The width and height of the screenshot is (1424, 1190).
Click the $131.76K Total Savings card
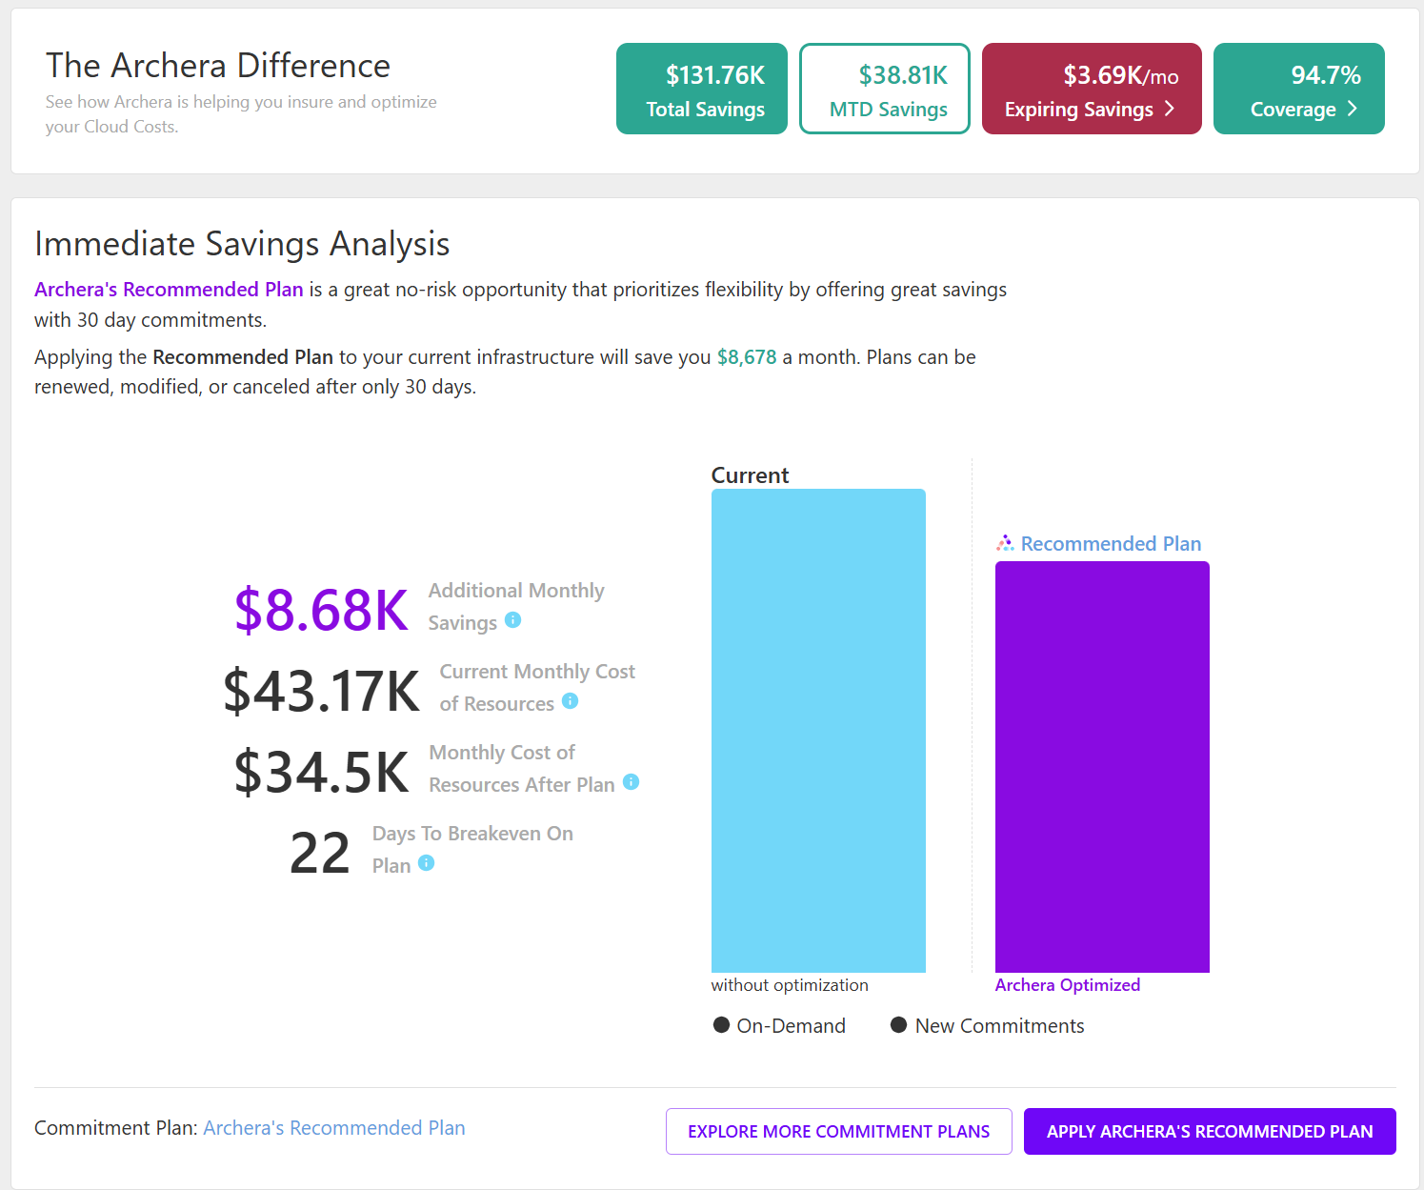pyautogui.click(x=702, y=89)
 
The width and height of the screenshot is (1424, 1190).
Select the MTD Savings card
pyautogui.click(x=885, y=89)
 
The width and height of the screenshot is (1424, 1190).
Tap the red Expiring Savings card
pyautogui.click(x=1092, y=89)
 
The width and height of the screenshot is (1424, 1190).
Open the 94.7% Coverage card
pyautogui.click(x=1299, y=89)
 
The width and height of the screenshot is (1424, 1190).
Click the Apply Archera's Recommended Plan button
pyautogui.click(x=1210, y=1131)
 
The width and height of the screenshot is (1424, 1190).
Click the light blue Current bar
pyautogui.click(x=818, y=730)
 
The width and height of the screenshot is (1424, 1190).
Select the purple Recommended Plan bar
pyautogui.click(x=1102, y=766)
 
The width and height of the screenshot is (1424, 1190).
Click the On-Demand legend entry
pyautogui.click(x=779, y=1025)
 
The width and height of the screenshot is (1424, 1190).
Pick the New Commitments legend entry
pyautogui.click(x=987, y=1025)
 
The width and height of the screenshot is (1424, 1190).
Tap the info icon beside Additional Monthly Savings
pyautogui.click(x=512, y=620)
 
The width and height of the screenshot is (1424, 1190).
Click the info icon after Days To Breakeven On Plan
pyautogui.click(x=426, y=863)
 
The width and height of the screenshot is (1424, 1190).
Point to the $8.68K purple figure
pyautogui.click(x=322, y=610)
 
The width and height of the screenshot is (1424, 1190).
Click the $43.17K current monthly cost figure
pyautogui.click(x=322, y=691)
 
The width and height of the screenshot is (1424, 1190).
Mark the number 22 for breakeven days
pyautogui.click(x=320, y=853)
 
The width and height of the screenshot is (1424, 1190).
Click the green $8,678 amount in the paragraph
pyautogui.click(x=747, y=357)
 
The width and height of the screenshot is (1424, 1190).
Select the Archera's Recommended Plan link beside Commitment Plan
pyautogui.click(x=334, y=1128)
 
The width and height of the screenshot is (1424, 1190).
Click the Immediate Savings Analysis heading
pyautogui.click(x=242, y=244)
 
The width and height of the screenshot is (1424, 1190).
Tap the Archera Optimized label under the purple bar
pyautogui.click(x=1067, y=985)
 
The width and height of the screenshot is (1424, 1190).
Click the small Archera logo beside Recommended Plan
pyautogui.click(x=1005, y=543)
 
